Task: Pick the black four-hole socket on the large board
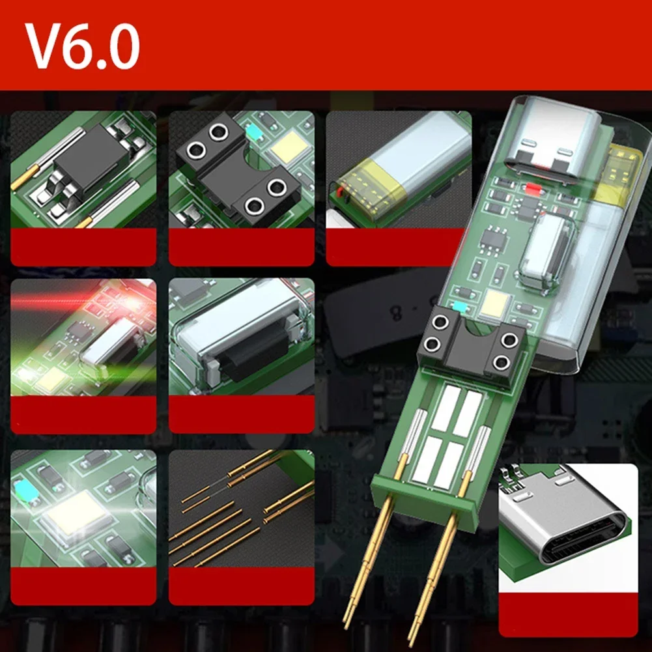coord(473,343)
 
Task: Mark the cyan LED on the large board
coord(461,305)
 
